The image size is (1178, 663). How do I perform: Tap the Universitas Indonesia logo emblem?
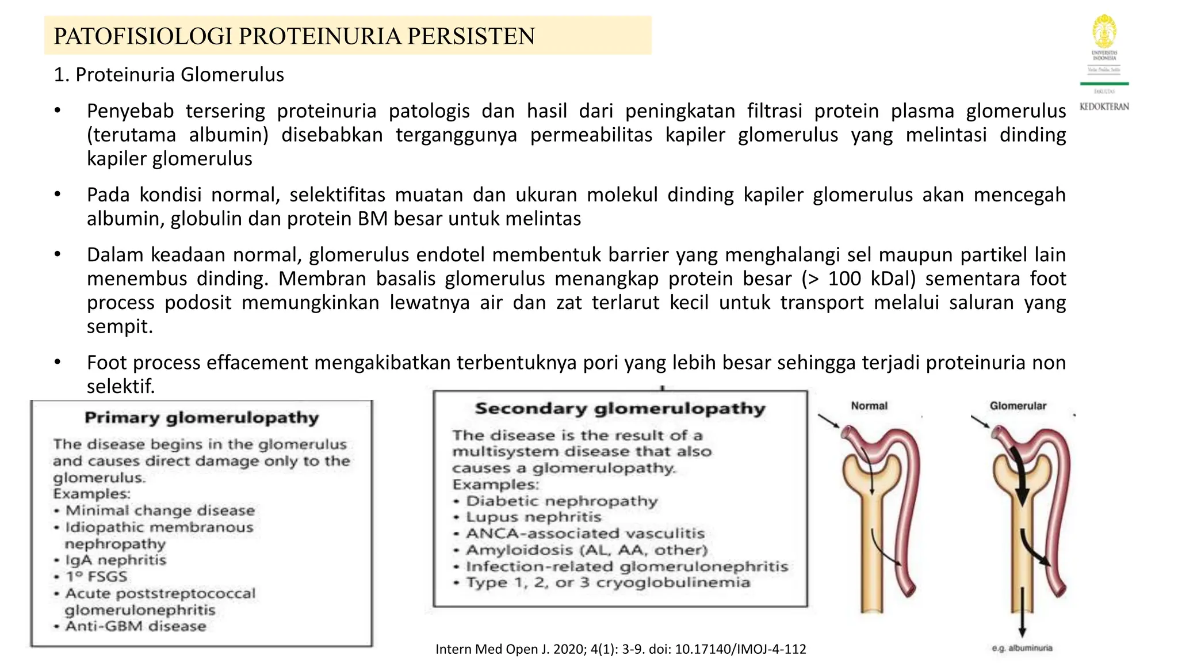point(1104,32)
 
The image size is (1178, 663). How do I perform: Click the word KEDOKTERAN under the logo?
point(1104,106)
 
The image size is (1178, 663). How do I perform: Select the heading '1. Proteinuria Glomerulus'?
point(169,75)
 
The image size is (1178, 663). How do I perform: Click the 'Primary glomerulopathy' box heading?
point(201,417)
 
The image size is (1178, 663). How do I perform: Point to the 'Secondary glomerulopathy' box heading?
point(620,408)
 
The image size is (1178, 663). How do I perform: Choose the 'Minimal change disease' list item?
point(160,510)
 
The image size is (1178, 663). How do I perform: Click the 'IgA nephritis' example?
point(116,560)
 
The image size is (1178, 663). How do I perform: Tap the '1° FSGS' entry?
point(96,577)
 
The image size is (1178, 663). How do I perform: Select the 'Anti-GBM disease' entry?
point(136,626)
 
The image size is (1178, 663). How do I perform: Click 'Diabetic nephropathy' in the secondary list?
point(561,501)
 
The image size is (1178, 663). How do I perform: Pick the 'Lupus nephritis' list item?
point(533,517)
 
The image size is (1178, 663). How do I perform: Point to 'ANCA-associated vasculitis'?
point(585,534)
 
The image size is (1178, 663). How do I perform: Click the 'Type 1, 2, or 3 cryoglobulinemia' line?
point(608,582)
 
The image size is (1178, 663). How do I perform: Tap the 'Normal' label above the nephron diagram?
point(869,406)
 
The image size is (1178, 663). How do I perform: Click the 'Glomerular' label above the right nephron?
point(1018,406)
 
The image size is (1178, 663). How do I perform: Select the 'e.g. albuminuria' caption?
point(1022,648)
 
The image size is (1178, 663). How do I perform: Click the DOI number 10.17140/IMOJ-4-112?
point(740,649)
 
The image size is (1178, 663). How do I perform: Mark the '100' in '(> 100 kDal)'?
point(844,279)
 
